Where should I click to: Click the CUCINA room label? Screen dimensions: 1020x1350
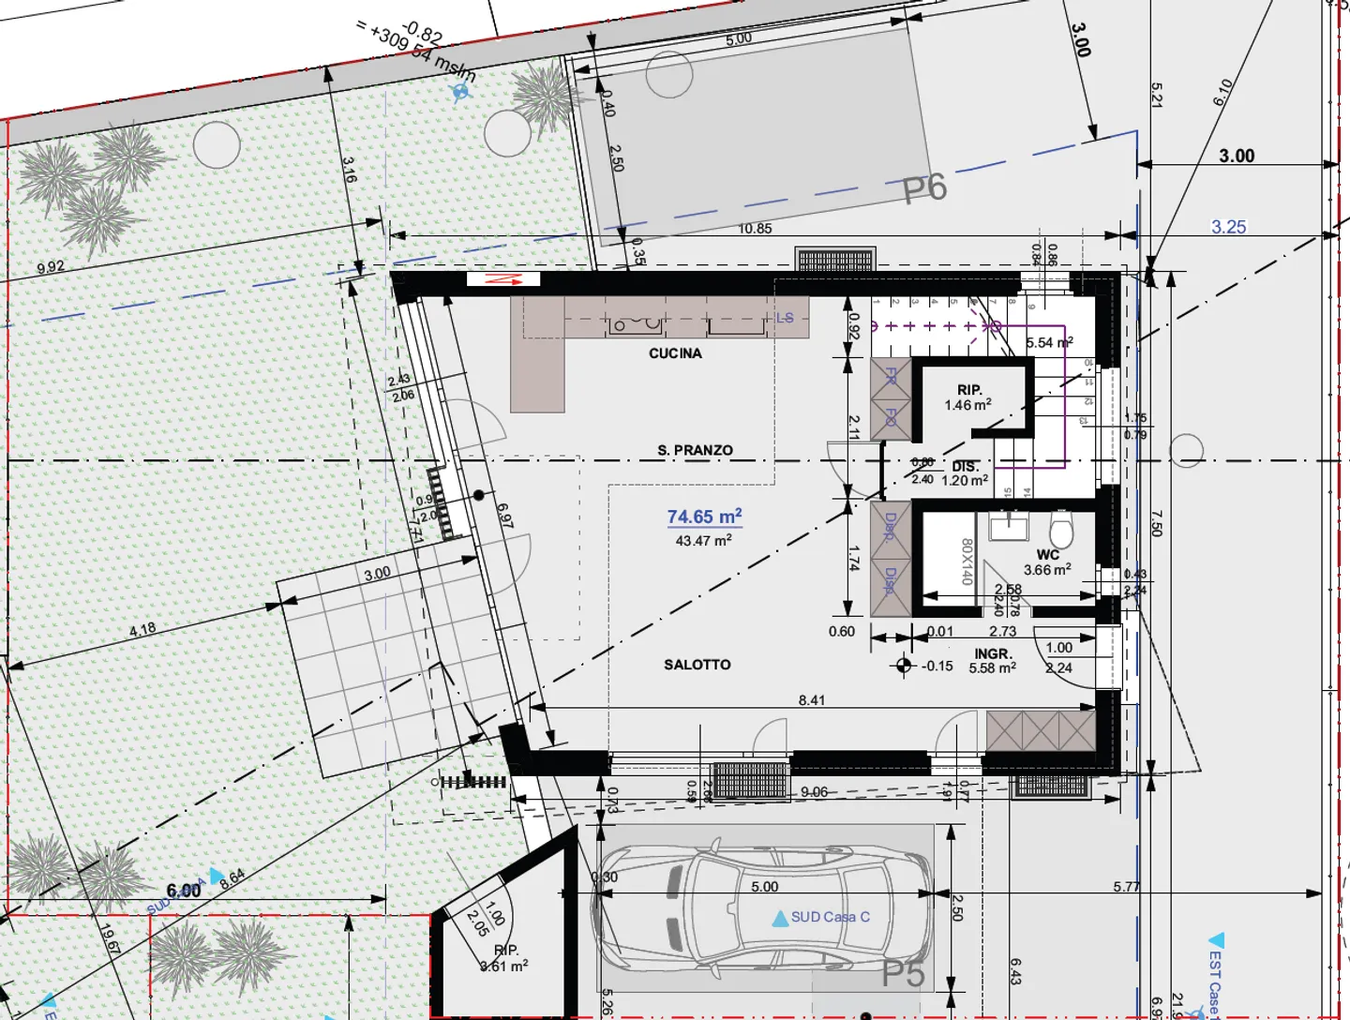click(x=675, y=353)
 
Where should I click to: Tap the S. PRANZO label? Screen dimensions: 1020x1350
click(x=695, y=450)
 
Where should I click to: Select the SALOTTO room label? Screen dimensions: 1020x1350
click(x=697, y=665)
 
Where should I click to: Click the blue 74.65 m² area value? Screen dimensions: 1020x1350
click(x=704, y=517)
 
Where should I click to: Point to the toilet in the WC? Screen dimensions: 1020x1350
click(x=1061, y=530)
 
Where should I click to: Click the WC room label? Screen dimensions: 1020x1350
click(x=1047, y=555)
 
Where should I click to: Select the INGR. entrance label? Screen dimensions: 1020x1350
click(x=992, y=653)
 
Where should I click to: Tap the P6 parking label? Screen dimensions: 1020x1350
click(x=924, y=188)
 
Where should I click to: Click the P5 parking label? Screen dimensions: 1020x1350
click(x=904, y=974)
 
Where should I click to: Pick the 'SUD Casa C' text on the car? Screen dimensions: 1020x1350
click(x=830, y=917)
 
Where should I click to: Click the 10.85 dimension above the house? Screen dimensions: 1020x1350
click(x=755, y=228)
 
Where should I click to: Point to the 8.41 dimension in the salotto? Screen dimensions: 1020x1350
click(x=812, y=700)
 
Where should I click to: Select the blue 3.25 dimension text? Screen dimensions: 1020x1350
click(x=1228, y=227)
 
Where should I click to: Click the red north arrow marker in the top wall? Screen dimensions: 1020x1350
click(x=502, y=279)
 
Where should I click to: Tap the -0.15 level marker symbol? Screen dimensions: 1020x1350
click(x=904, y=666)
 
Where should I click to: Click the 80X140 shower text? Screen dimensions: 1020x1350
click(x=967, y=561)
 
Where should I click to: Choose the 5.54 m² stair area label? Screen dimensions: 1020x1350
click(x=1049, y=343)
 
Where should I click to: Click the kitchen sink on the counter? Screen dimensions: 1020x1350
click(x=637, y=324)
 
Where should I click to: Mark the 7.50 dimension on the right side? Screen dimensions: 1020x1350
click(x=1157, y=523)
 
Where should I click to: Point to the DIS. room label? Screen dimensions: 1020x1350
click(x=966, y=466)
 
